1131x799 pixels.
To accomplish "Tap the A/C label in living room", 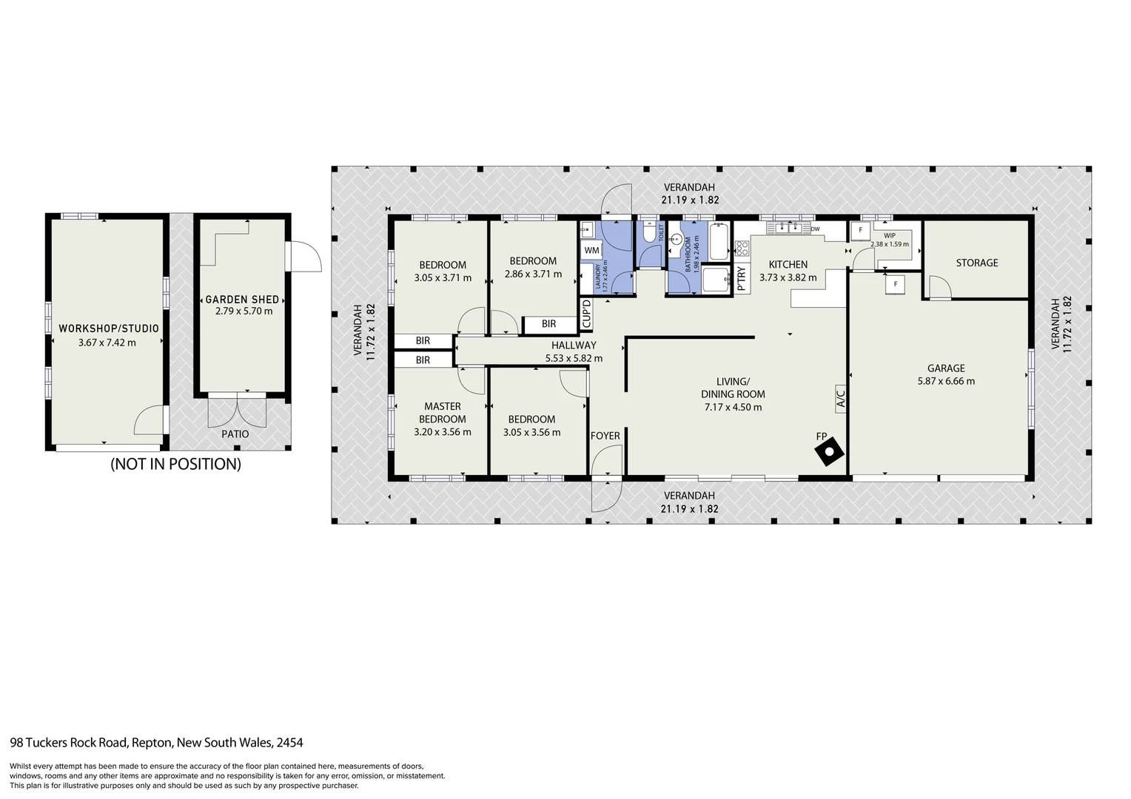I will click(840, 399).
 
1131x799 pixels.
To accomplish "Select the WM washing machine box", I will click(591, 251).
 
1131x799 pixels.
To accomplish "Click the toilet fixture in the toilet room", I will click(649, 234).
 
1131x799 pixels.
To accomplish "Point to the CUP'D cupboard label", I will click(586, 314).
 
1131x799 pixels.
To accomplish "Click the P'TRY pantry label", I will click(742, 279).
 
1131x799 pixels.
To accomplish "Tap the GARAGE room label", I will click(946, 368).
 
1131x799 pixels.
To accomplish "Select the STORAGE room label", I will click(976, 263).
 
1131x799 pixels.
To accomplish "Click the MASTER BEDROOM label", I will click(443, 412).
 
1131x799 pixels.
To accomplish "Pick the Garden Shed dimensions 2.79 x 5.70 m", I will click(244, 311).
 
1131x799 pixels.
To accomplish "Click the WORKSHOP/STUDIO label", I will click(108, 328).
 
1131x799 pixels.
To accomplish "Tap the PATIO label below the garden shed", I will click(235, 434).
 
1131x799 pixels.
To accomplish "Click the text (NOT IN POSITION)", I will click(175, 465).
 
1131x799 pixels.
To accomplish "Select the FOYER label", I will click(605, 436).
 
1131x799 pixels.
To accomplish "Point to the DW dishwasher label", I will click(815, 229).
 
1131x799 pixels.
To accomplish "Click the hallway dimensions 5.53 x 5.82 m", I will click(574, 358).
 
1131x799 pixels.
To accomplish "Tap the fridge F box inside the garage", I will click(896, 284).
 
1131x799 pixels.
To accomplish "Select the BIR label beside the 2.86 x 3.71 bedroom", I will click(548, 324).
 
